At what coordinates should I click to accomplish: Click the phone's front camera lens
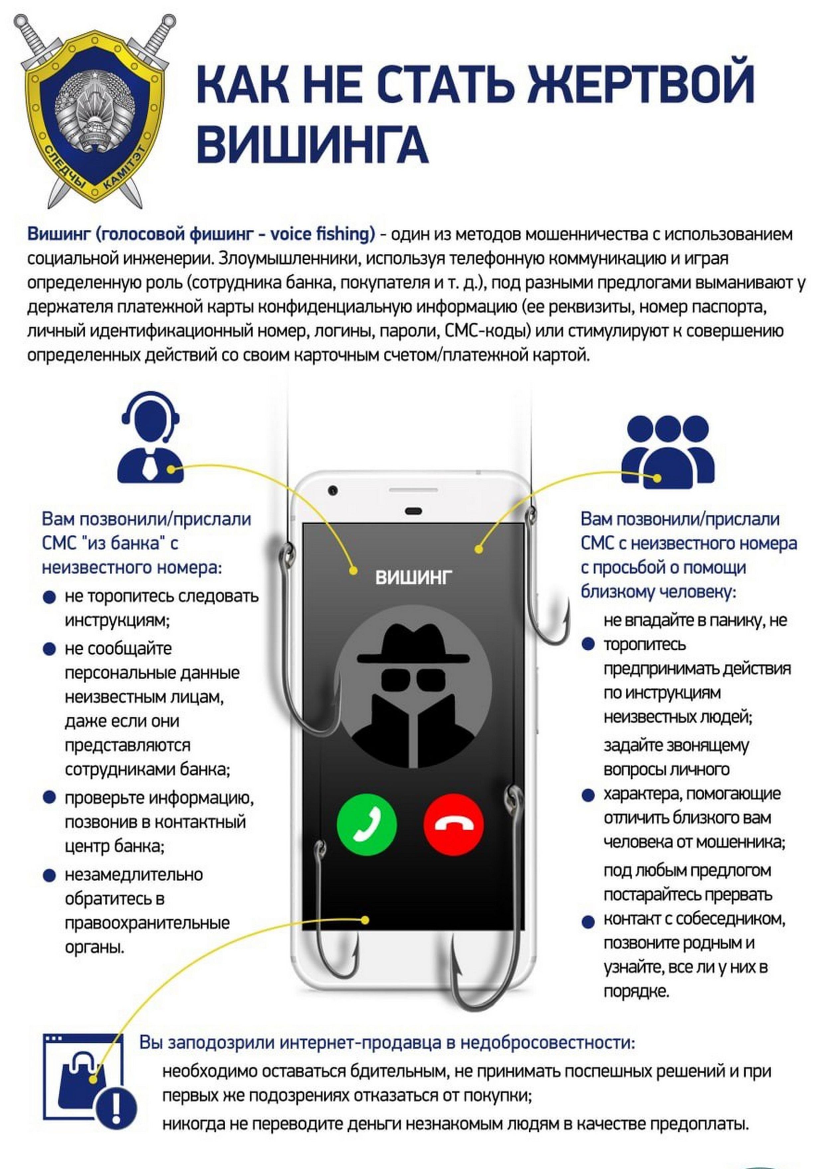click(333, 491)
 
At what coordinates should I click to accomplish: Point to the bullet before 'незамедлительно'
click(50, 875)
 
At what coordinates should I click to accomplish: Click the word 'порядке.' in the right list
click(636, 991)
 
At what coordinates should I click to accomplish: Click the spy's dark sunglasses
click(413, 679)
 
